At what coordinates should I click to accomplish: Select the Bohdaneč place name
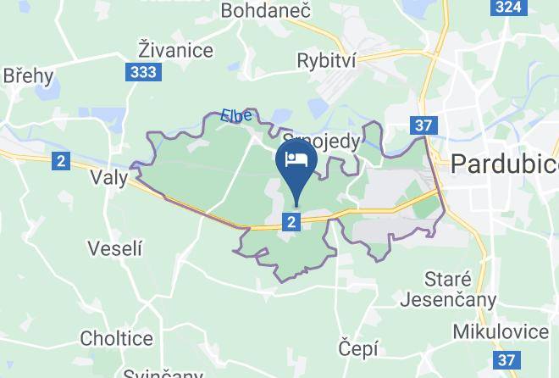tap(255, 10)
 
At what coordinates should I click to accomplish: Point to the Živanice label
tap(175, 50)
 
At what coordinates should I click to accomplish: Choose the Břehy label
tap(28, 75)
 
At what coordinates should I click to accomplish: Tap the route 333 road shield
tap(143, 72)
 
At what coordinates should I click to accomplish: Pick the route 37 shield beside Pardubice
tap(425, 125)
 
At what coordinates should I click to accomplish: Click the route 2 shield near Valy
tap(60, 160)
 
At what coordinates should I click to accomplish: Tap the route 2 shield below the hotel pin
tap(292, 221)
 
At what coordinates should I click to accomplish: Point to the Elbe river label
tap(236, 114)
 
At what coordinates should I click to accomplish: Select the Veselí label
tap(115, 248)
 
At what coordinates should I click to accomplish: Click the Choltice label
tap(116, 338)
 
